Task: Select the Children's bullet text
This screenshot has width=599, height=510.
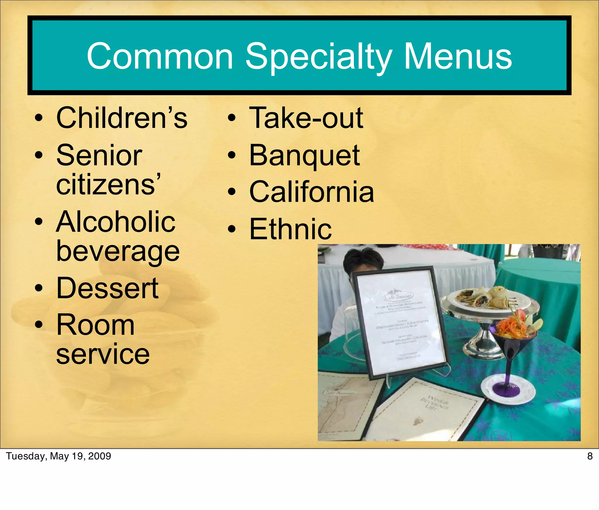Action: tap(122, 118)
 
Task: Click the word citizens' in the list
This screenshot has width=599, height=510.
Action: tap(108, 185)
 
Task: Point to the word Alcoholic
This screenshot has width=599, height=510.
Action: tap(116, 222)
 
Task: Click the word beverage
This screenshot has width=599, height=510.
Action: tap(118, 252)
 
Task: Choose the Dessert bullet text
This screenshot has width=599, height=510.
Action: tap(107, 289)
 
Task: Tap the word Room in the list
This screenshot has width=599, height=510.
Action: tap(95, 325)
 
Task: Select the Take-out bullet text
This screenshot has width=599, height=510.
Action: tap(306, 118)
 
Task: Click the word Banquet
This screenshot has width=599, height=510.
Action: tap(304, 155)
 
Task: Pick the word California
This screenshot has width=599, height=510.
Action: tap(311, 192)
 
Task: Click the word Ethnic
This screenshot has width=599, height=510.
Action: tap(290, 229)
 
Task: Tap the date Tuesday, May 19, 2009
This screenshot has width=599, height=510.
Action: tap(58, 456)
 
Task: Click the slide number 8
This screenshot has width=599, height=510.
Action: tap(590, 456)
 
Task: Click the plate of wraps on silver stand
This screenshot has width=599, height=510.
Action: tap(491, 301)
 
